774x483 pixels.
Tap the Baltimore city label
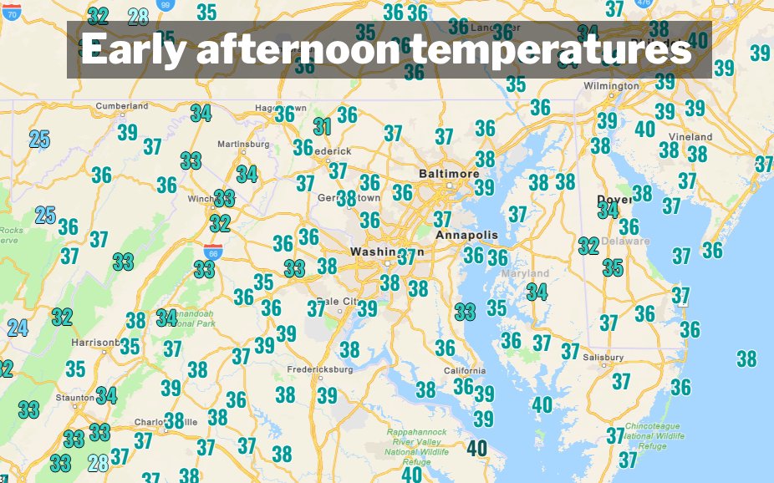click(x=449, y=173)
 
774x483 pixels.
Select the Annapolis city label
click(x=459, y=236)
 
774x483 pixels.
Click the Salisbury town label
click(x=604, y=357)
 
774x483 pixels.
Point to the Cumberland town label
click(x=122, y=106)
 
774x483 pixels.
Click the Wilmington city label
click(x=611, y=86)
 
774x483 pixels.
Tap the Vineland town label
click(x=691, y=136)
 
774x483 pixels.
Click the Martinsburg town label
click(x=243, y=144)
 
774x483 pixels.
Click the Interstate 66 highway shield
click(x=211, y=251)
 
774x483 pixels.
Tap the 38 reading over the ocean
click(x=746, y=359)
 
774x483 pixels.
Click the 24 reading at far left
click(x=18, y=328)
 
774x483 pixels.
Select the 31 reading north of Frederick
click(x=323, y=127)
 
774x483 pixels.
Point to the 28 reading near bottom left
click(x=98, y=461)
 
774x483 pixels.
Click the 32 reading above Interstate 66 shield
click(x=220, y=223)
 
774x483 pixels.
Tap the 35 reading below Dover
click(x=613, y=268)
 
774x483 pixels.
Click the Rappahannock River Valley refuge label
click(x=416, y=446)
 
